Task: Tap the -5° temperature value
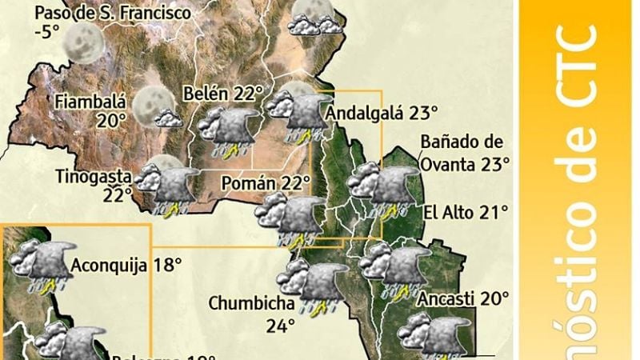tap(49, 33)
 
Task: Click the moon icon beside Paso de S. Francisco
tap(83, 42)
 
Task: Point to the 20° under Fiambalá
tap(113, 120)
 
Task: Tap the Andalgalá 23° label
tap(382, 113)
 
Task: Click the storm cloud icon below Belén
tap(229, 131)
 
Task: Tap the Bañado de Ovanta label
tap(462, 142)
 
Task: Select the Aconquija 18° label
tap(126, 264)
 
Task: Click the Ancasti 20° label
tap(463, 298)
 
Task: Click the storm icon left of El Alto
tap(383, 191)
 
